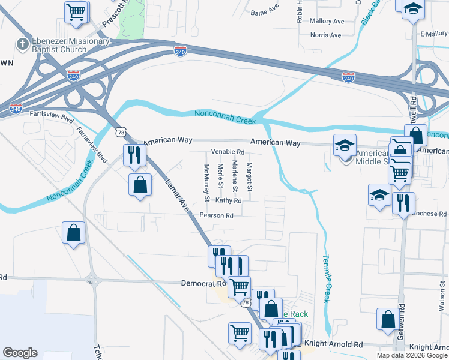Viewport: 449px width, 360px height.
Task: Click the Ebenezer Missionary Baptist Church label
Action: [62, 45]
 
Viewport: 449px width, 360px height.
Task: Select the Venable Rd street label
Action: [227, 152]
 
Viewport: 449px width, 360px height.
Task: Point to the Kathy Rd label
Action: [228, 200]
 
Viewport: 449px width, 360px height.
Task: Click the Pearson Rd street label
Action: [216, 215]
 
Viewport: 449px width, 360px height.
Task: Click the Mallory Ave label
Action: [327, 21]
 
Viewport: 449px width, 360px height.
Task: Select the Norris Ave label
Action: [326, 35]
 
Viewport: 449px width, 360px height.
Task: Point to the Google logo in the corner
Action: [20, 353]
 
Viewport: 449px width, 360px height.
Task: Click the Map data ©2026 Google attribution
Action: [411, 355]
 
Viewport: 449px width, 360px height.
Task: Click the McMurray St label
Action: [206, 182]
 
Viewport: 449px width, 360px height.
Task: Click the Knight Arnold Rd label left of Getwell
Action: [334, 345]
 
